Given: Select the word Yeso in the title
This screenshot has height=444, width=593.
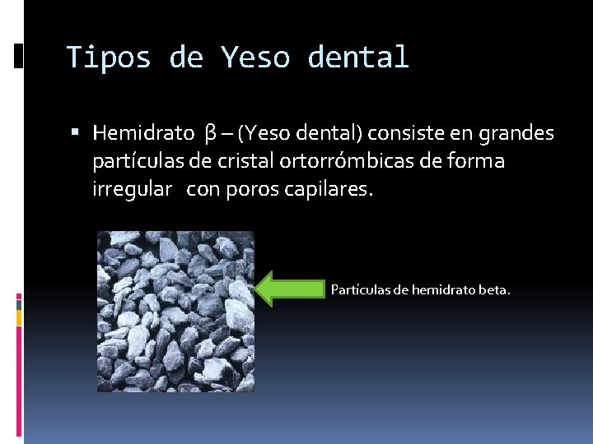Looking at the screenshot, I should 254,58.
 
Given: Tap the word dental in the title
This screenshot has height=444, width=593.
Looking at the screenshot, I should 357,58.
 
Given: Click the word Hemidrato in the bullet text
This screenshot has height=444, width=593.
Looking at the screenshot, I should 143,132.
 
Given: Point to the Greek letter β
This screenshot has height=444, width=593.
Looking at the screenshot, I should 210,133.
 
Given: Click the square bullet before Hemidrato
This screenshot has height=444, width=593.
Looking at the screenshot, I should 75,132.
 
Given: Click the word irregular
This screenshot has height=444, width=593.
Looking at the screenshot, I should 132,190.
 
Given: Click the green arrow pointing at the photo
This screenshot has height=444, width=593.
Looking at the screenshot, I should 291,289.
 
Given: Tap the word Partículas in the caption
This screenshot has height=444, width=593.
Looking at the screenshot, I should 357,289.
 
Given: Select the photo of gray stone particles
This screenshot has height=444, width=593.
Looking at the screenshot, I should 175,311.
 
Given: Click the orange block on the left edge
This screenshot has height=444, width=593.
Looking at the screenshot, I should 19,315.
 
